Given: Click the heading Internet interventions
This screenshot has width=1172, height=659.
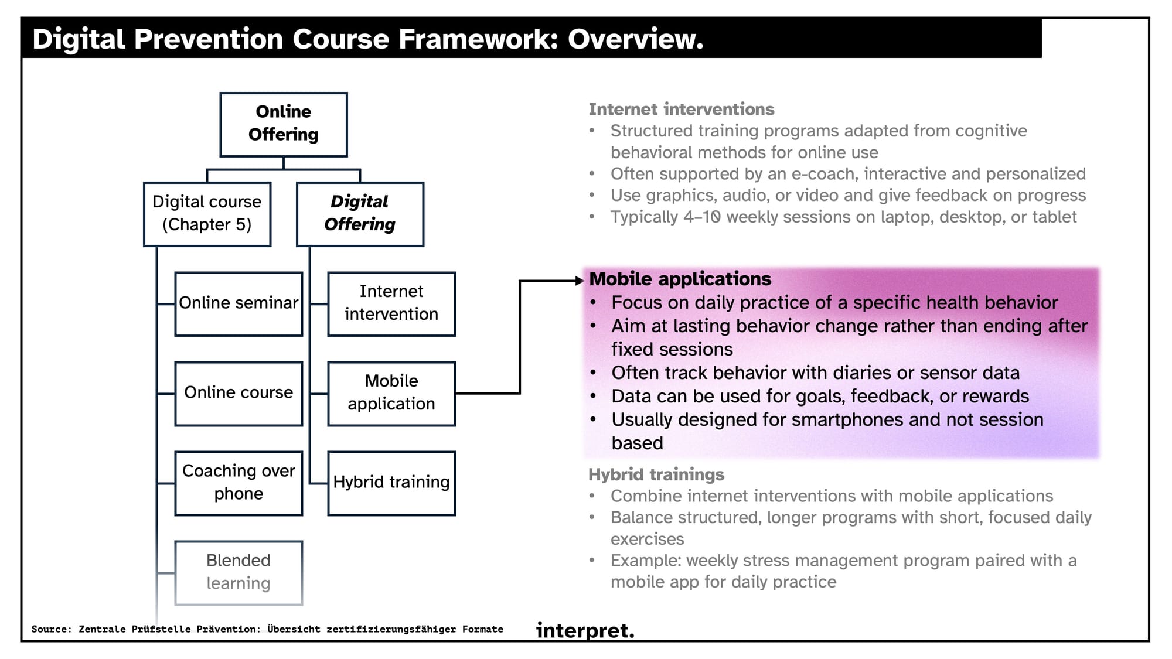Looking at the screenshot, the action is [682, 110].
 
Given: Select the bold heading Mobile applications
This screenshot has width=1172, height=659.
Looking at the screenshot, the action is [680, 279].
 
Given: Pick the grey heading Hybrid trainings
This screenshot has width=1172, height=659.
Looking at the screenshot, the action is [656, 474].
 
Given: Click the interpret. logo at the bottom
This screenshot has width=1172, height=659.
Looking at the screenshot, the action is [585, 630].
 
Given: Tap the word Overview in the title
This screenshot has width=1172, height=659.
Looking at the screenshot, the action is [635, 39].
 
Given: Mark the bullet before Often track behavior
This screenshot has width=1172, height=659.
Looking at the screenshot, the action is [593, 373].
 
